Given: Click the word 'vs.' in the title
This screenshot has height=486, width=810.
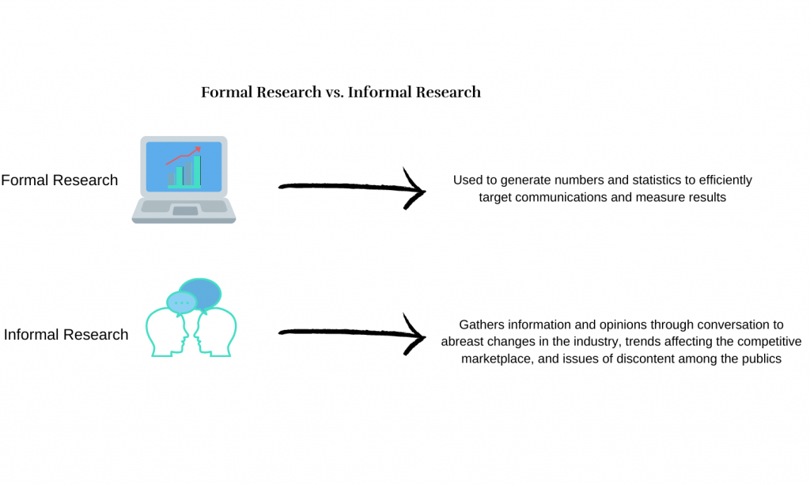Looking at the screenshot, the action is (335, 93).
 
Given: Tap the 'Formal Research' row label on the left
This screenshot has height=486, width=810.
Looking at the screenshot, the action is (59, 180).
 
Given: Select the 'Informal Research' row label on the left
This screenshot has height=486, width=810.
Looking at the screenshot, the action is (66, 335).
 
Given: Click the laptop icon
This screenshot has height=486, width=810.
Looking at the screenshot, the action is (184, 180).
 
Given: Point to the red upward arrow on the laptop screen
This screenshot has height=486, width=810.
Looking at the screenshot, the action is (183, 156).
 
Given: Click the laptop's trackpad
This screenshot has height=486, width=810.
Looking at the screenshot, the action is (185, 211).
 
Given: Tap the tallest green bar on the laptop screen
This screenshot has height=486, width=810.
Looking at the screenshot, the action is (197, 171).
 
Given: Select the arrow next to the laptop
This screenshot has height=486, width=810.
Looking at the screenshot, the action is (352, 187).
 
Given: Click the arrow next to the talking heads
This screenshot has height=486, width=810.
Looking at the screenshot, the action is (352, 333).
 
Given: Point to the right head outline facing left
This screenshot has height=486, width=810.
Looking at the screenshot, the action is (216, 332).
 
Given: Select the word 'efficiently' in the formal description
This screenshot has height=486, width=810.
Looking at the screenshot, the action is (725, 180).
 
